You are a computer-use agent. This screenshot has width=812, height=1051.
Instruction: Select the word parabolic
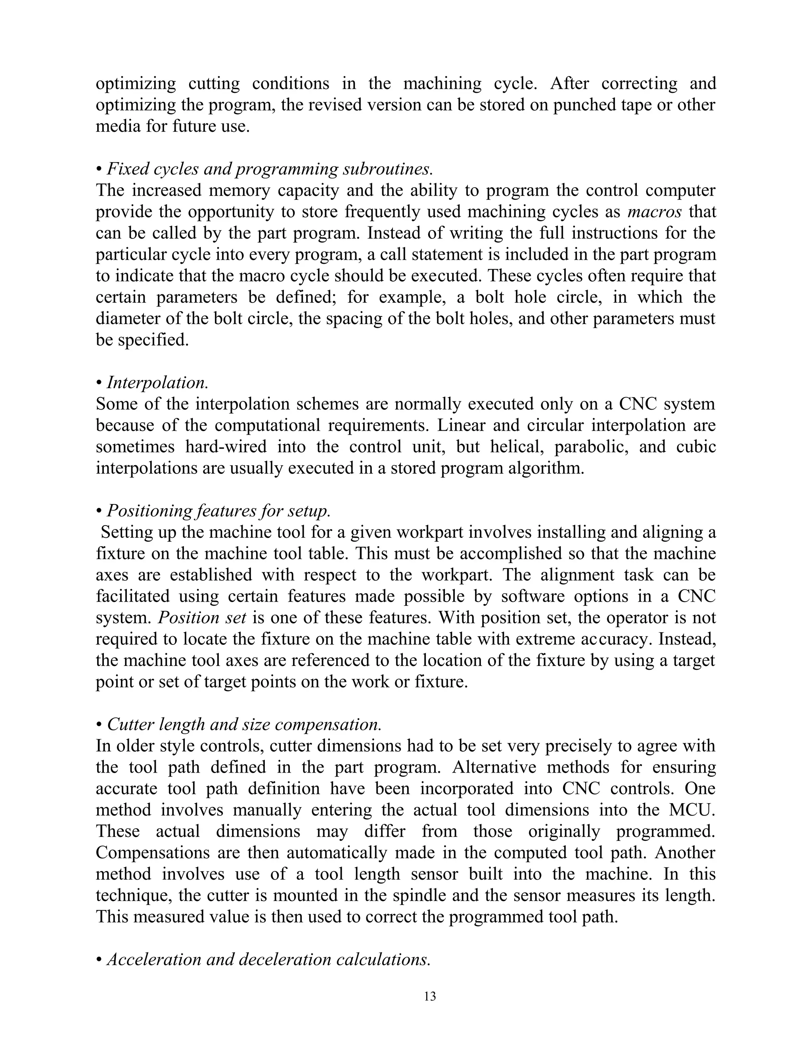(x=591, y=447)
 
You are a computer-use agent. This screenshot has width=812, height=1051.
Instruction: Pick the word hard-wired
(x=226, y=447)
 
